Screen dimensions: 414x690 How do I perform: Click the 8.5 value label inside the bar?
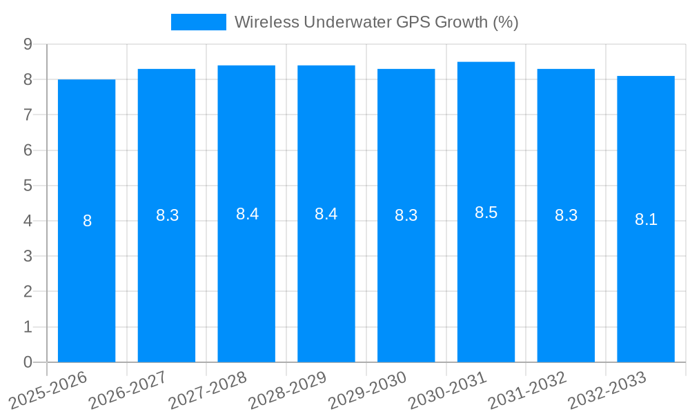tap(486, 213)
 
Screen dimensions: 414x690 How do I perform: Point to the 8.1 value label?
tap(646, 219)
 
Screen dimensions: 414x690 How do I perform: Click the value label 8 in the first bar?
tap(87, 221)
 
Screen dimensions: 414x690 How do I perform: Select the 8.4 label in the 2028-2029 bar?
tap(326, 214)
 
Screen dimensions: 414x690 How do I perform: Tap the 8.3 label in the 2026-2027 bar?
tap(167, 215)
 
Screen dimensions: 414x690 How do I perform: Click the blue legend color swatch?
tap(198, 22)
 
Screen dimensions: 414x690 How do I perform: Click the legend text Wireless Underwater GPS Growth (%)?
tap(376, 22)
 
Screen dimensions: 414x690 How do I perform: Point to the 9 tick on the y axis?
tap(28, 44)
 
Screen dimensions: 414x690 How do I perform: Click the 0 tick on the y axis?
tap(28, 362)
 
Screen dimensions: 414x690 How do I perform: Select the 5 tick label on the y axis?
tap(28, 186)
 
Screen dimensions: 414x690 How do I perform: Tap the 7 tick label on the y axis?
tap(28, 115)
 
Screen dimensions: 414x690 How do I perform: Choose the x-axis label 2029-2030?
tap(367, 390)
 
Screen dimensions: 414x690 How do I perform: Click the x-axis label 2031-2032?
tap(527, 390)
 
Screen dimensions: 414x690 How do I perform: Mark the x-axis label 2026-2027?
tap(128, 390)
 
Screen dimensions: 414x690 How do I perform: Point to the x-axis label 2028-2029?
tap(287, 390)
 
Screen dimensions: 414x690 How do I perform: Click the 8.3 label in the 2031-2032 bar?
tap(566, 215)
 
